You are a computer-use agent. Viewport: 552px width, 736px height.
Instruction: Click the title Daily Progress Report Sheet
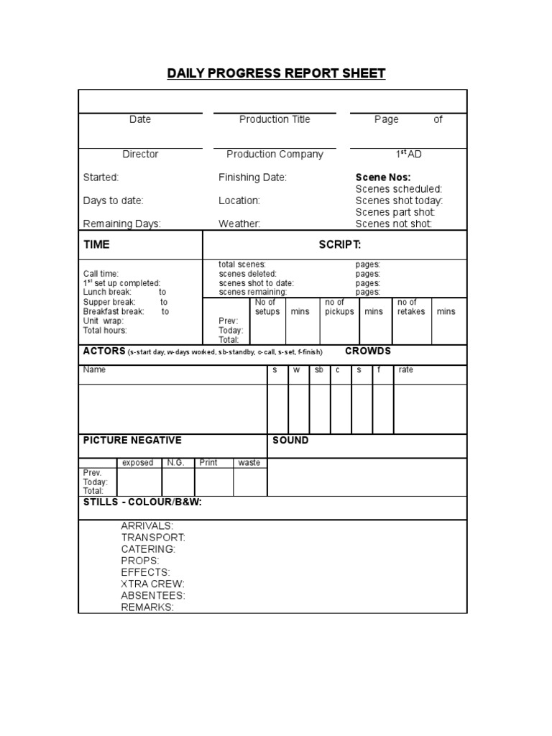click(x=276, y=73)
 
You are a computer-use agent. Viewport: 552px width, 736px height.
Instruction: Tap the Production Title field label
click(x=275, y=119)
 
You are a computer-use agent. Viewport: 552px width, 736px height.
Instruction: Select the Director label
click(x=140, y=154)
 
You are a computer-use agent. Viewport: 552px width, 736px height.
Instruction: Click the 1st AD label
click(x=408, y=154)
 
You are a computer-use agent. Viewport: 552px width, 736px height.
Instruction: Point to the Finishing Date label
click(x=252, y=178)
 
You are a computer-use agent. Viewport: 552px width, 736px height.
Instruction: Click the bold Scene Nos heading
click(x=383, y=178)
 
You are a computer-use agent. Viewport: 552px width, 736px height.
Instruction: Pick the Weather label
click(x=239, y=224)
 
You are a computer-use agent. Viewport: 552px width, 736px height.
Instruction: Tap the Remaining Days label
click(x=121, y=224)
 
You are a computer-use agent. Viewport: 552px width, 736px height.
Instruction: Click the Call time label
click(x=101, y=274)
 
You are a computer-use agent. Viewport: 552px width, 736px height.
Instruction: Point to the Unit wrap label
click(x=103, y=321)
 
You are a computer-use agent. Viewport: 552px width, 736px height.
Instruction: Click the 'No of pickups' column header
click(x=339, y=307)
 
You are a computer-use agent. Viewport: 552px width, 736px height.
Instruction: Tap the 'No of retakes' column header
click(x=411, y=307)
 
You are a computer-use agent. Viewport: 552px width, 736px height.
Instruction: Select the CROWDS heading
click(x=368, y=351)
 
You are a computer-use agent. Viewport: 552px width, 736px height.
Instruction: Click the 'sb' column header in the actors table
click(x=319, y=369)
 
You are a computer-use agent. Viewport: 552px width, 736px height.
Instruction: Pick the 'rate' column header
click(x=405, y=369)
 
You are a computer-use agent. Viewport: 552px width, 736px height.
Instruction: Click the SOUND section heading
click(x=290, y=440)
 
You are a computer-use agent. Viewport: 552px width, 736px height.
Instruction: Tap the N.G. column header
click(x=176, y=463)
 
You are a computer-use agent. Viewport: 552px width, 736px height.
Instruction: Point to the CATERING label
click(x=147, y=549)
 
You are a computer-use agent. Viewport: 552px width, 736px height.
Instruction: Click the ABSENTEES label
click(x=153, y=595)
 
